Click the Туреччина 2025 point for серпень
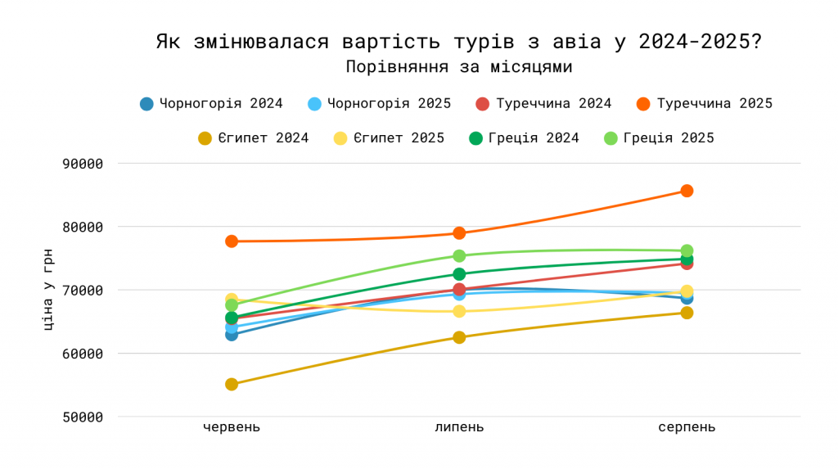[x=687, y=191]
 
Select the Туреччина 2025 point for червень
[x=232, y=241]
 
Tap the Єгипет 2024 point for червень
[x=232, y=384]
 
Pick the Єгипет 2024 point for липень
[x=459, y=337]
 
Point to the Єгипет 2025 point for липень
[x=459, y=311]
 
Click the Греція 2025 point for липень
[x=459, y=255]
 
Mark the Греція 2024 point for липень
[x=459, y=274]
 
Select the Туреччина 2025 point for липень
[x=459, y=233]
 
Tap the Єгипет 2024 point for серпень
[x=687, y=313]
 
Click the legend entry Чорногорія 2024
[x=211, y=104]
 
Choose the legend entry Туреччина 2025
[x=704, y=104]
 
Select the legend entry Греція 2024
[x=524, y=138]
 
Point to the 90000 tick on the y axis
[x=83, y=164]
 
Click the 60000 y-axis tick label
[x=83, y=354]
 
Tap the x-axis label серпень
[x=687, y=427]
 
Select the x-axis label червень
[x=232, y=427]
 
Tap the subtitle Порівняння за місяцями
[x=458, y=67]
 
